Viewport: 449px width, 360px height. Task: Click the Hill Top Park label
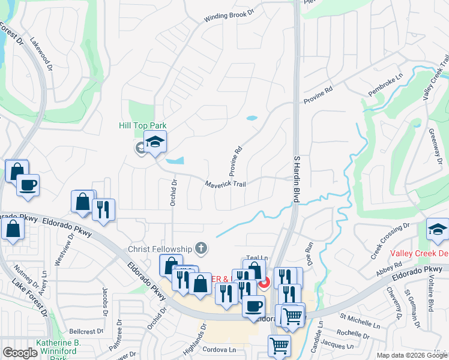[x=141, y=125]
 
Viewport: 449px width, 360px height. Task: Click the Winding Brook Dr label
[x=231, y=17]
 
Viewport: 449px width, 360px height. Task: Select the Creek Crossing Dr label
[x=390, y=242]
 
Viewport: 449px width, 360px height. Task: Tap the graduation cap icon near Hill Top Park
[x=155, y=142]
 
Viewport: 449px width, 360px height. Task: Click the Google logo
[x=20, y=353]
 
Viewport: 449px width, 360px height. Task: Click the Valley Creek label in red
[x=419, y=253]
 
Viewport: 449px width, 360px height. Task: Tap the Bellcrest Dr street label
[x=88, y=331]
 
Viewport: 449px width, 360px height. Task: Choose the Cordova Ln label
[x=219, y=349]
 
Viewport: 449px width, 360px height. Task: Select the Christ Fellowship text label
[x=160, y=248]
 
